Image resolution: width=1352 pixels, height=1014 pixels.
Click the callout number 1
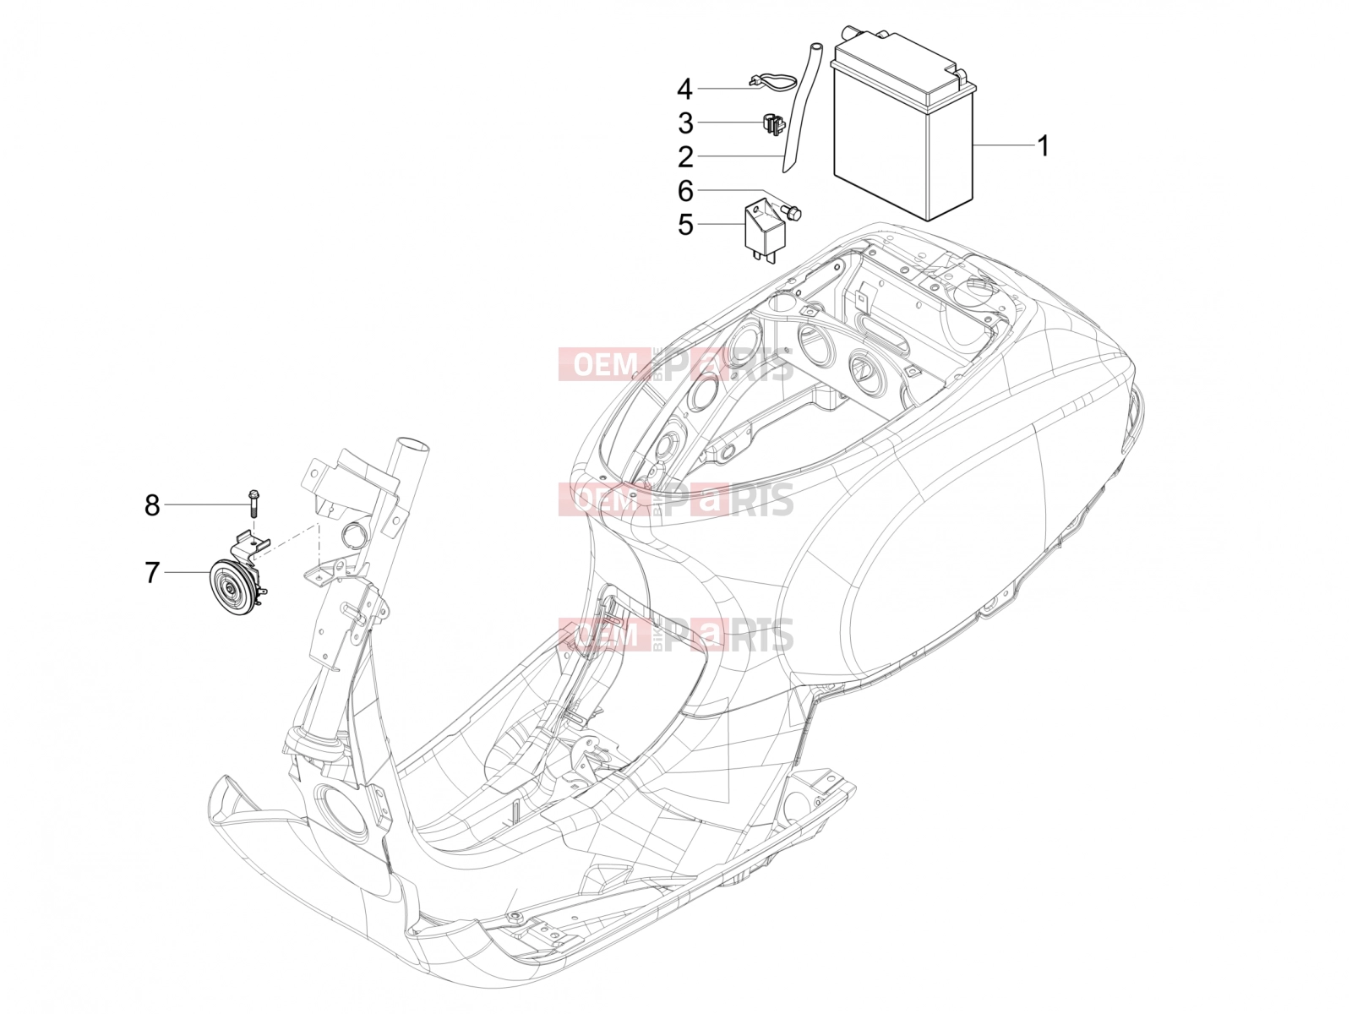click(1042, 146)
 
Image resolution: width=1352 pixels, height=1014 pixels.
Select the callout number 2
click(685, 157)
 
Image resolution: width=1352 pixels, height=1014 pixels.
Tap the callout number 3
click(685, 123)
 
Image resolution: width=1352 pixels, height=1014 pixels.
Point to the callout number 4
click(684, 90)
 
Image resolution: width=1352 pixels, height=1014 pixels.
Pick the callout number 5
click(685, 225)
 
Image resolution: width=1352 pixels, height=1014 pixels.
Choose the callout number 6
click(685, 191)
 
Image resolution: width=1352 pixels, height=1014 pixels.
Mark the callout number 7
click(152, 572)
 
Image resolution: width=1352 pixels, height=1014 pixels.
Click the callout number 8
click(152, 504)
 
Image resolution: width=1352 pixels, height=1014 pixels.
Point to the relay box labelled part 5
click(761, 230)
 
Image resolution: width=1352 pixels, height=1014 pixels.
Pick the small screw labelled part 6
click(791, 212)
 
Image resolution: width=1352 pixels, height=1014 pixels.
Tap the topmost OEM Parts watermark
click(676, 364)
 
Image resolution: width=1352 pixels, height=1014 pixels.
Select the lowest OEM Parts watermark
click(676, 635)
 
